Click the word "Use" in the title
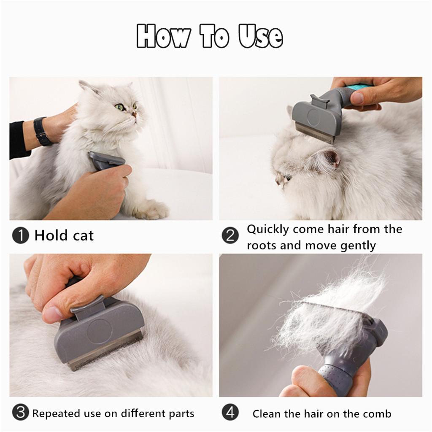tap(261, 37)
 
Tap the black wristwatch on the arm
tap(41, 131)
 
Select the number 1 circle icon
tap(21, 235)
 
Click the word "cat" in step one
tap(83, 235)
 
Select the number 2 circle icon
tap(230, 235)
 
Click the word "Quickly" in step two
tap(267, 230)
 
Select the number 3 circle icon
tap(21, 413)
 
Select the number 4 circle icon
tap(230, 413)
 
